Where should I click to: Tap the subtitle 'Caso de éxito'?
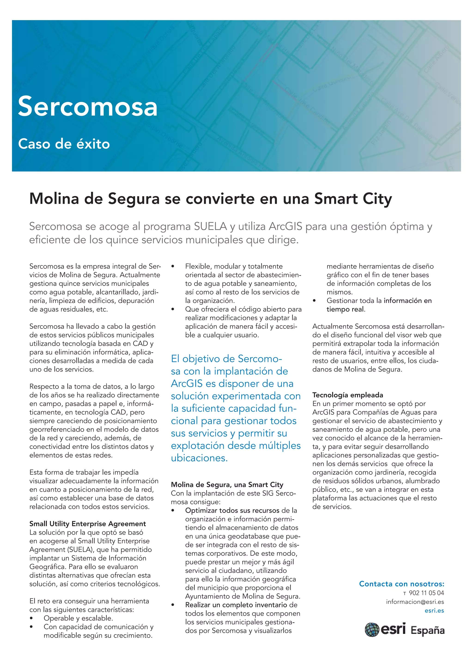click(x=64, y=144)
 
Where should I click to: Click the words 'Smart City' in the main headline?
click(x=353, y=199)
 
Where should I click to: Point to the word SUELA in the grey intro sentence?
click(x=210, y=226)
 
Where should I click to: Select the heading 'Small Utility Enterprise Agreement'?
click(x=87, y=524)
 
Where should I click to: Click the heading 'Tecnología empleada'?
click(x=347, y=395)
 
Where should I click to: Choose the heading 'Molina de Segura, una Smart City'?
click(x=227, y=485)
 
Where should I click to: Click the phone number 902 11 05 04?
click(x=426, y=593)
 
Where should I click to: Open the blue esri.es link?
click(x=434, y=610)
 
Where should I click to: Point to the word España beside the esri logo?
click(x=427, y=631)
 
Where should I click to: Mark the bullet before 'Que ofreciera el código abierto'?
click(x=173, y=309)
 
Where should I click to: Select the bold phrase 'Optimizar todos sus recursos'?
click(x=232, y=511)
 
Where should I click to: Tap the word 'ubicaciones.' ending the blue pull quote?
click(x=199, y=458)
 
